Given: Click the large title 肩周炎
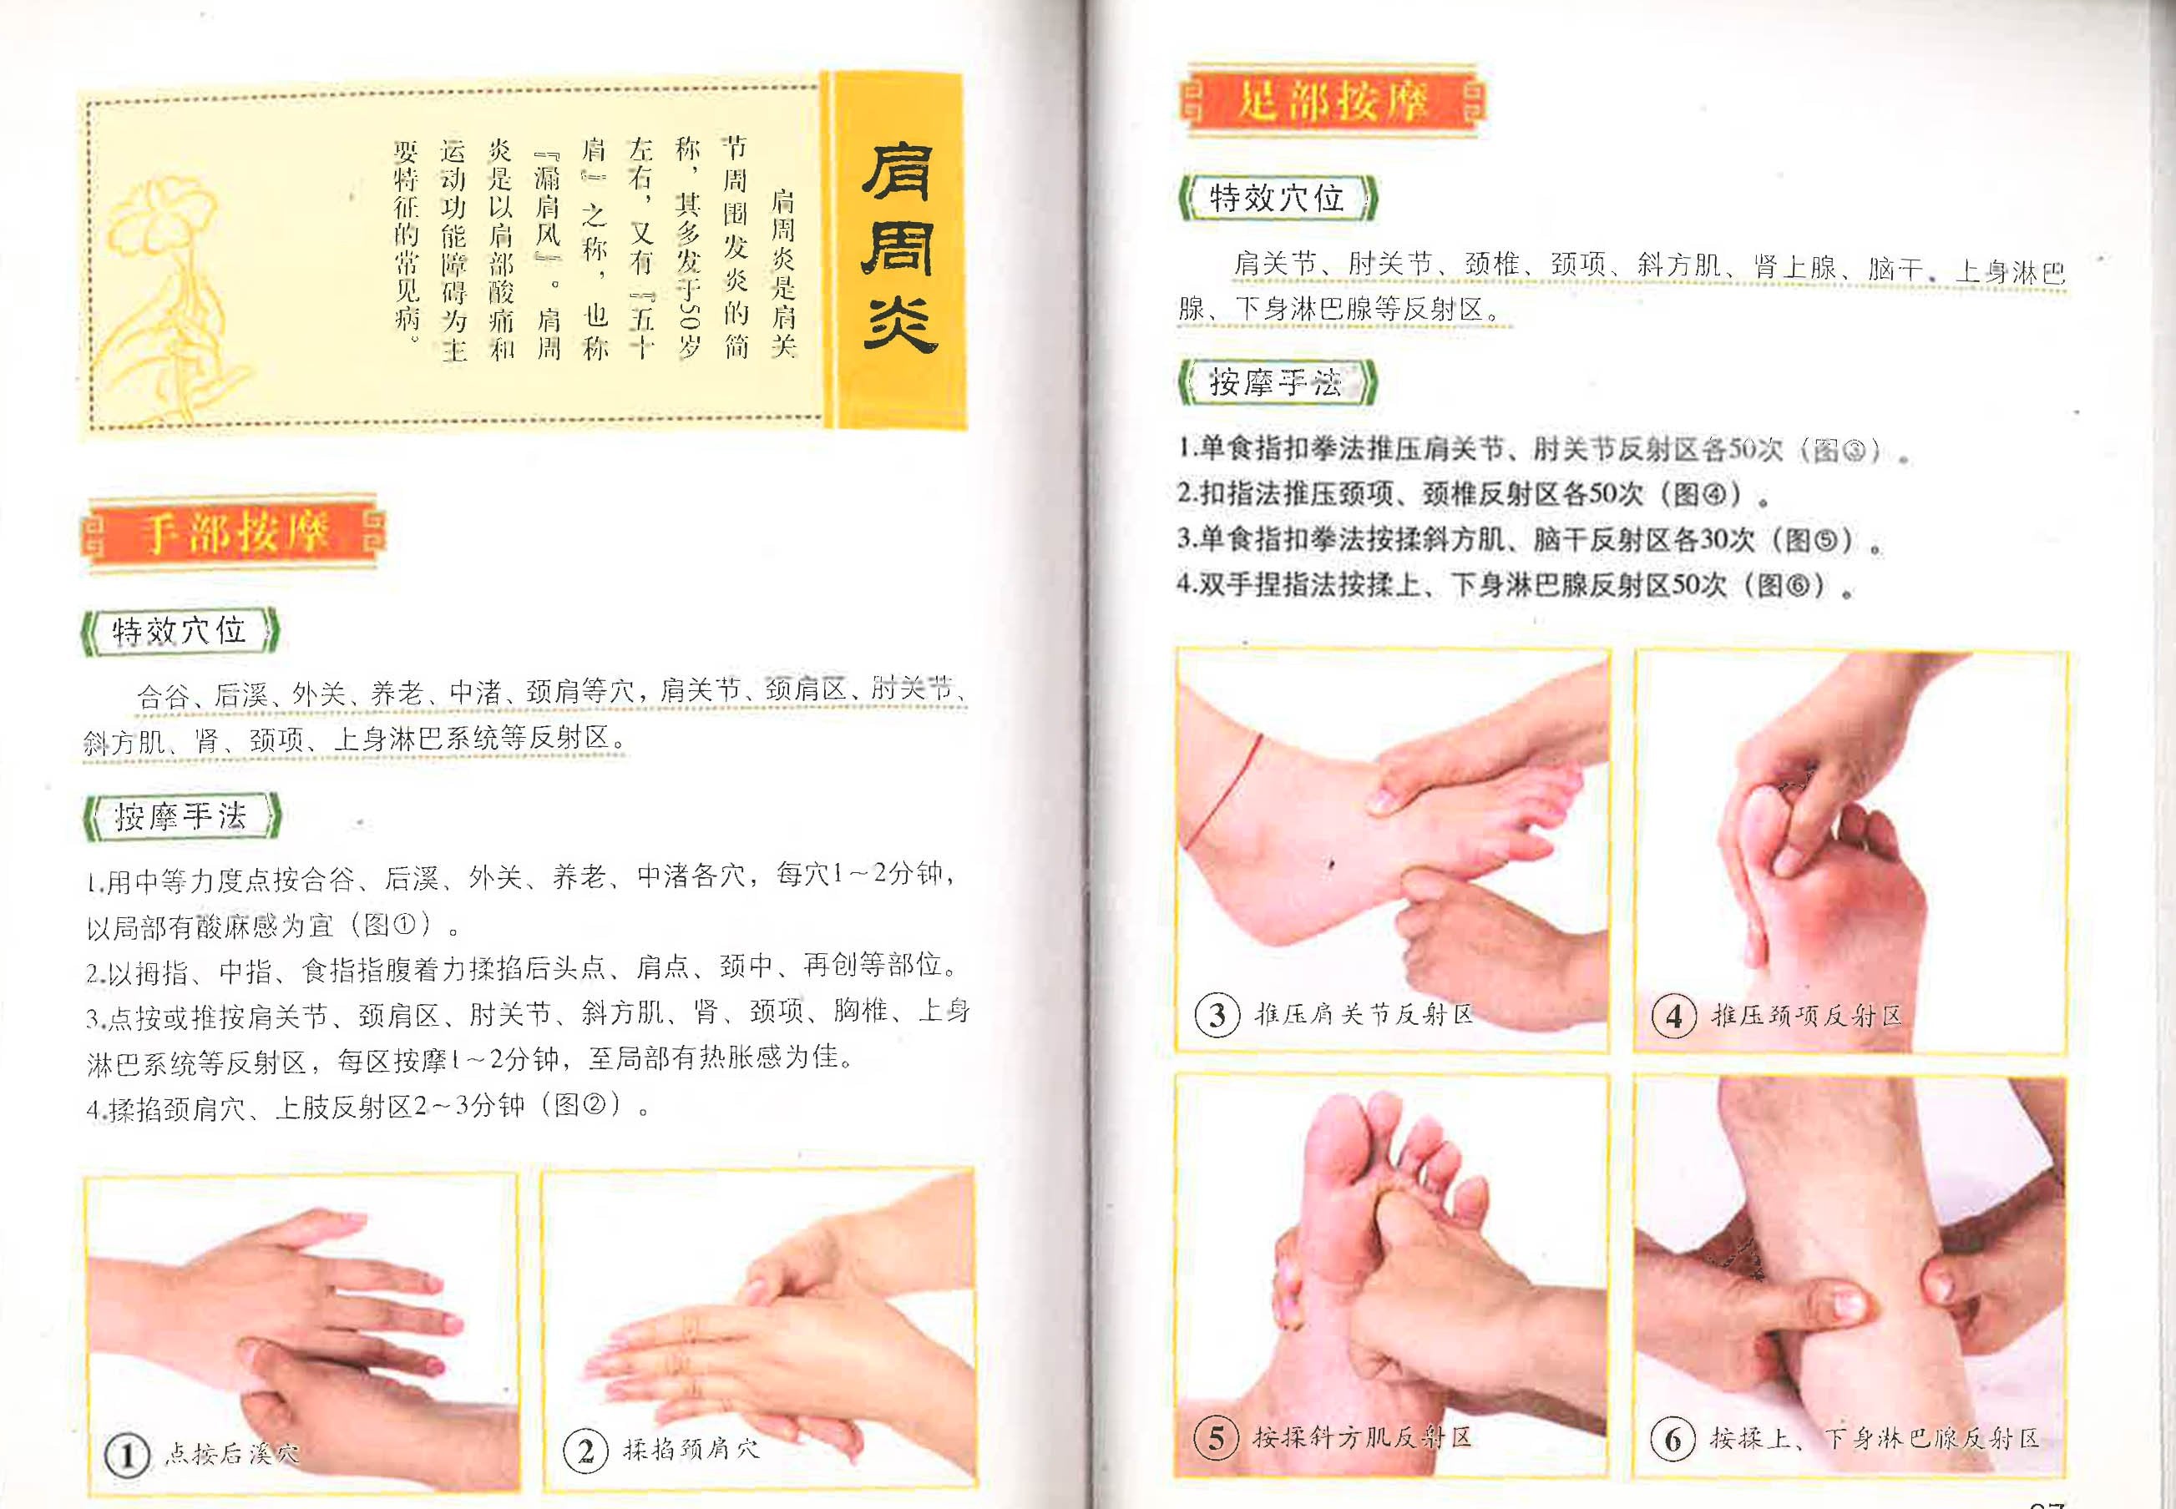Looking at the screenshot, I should [898, 248].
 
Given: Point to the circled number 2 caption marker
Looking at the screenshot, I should [585, 1451].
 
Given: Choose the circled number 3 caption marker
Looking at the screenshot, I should [1217, 1016].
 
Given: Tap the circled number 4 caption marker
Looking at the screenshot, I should [1674, 1017].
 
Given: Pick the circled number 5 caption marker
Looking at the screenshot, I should [1216, 1439].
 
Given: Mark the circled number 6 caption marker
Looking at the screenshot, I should [1672, 1440].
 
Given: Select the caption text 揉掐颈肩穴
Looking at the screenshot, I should [691, 1448].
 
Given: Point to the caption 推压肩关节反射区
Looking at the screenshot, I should [1364, 1015].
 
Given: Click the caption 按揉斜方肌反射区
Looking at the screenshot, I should [1362, 1438].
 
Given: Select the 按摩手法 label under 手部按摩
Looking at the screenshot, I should [180, 816].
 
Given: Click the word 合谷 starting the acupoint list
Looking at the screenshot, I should [163, 698].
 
